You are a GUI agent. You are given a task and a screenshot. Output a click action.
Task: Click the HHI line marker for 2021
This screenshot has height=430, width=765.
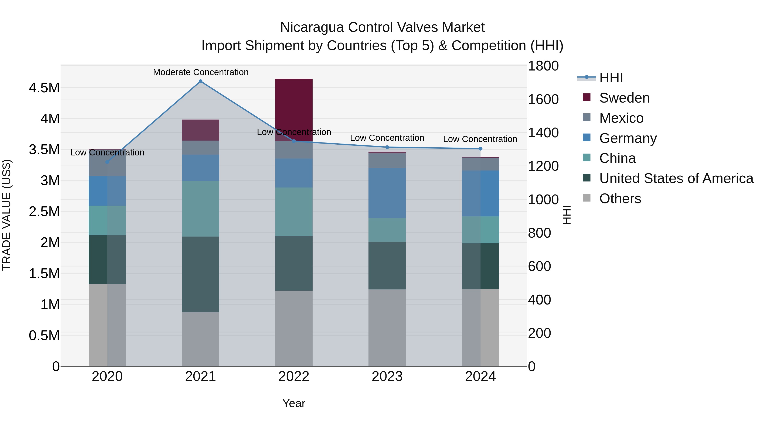(x=200, y=81)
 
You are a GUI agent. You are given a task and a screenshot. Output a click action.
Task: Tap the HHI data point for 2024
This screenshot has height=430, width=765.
(x=480, y=149)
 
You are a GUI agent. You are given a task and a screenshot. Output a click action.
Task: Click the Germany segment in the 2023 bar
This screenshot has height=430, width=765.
(x=387, y=193)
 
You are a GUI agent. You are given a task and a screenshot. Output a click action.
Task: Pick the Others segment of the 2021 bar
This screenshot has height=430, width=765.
(x=200, y=339)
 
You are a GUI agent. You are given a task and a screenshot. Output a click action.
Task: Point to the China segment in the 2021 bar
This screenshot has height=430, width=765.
(x=200, y=209)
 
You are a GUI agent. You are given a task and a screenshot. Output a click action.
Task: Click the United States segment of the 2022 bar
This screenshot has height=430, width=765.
(x=294, y=263)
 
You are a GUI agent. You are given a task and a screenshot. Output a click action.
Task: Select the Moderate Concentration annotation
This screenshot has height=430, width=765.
(x=201, y=72)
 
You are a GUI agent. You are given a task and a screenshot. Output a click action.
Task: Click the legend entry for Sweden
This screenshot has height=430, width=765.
(x=624, y=98)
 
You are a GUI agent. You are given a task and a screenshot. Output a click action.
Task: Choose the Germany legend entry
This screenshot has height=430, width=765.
(x=628, y=138)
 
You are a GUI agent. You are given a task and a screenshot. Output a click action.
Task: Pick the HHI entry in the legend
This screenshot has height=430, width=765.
(x=611, y=78)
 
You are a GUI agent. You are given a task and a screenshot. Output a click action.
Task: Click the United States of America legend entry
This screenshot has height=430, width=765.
(x=676, y=178)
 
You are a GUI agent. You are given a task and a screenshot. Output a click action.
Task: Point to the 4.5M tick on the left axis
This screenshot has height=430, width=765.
(x=44, y=88)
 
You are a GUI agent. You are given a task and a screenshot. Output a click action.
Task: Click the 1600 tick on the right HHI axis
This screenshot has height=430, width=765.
(x=543, y=99)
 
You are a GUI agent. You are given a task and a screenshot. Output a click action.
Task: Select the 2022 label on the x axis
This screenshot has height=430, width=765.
(x=294, y=376)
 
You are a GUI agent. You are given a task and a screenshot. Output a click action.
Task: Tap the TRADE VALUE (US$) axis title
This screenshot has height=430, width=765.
(x=7, y=215)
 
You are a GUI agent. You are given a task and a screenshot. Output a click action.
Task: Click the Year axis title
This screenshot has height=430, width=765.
(x=294, y=403)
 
